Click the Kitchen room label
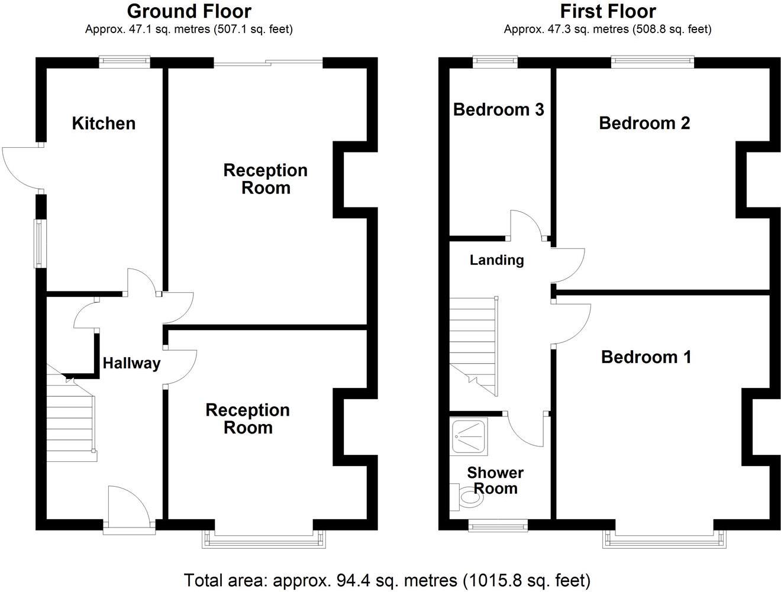click(104, 123)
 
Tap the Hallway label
click(131, 363)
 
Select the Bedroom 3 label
click(498, 109)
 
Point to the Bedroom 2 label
click(644, 123)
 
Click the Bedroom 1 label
click(646, 357)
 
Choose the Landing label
click(496, 260)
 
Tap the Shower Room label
click(495, 480)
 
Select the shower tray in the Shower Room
click(469, 437)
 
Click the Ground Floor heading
click(189, 11)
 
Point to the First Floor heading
click(608, 11)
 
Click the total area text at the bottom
click(387, 580)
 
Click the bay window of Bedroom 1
click(663, 538)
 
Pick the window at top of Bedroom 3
click(495, 61)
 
